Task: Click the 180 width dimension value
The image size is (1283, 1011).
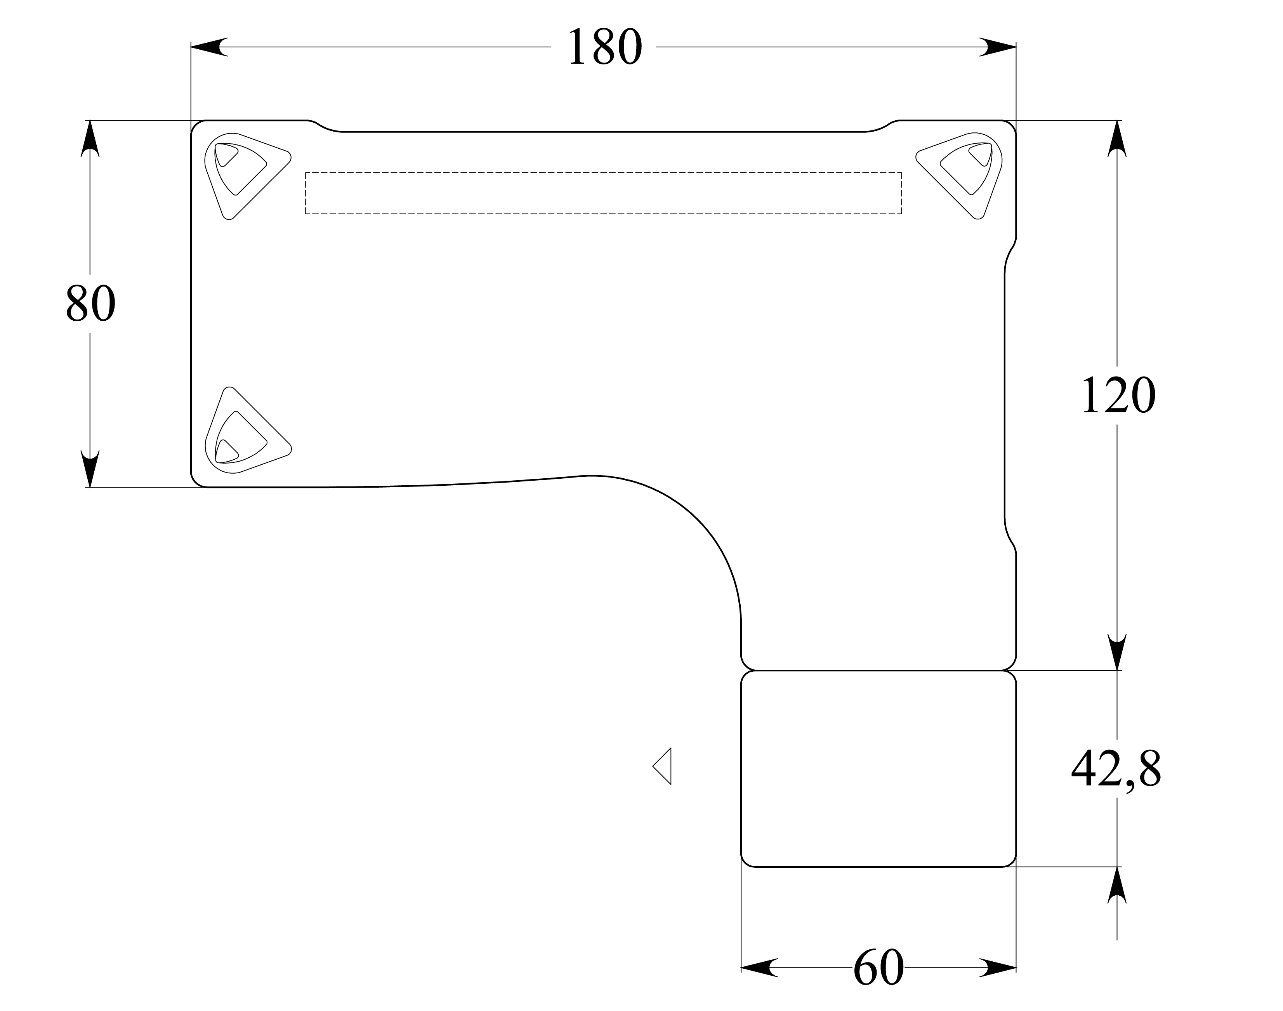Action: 604,47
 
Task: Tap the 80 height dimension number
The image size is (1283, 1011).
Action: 90,303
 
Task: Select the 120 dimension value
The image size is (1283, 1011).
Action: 1117,395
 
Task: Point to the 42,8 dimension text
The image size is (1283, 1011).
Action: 1116,768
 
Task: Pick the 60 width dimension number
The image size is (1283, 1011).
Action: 878,967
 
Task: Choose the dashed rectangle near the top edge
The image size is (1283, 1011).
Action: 604,193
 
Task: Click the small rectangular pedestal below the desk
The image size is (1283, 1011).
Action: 878,768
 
